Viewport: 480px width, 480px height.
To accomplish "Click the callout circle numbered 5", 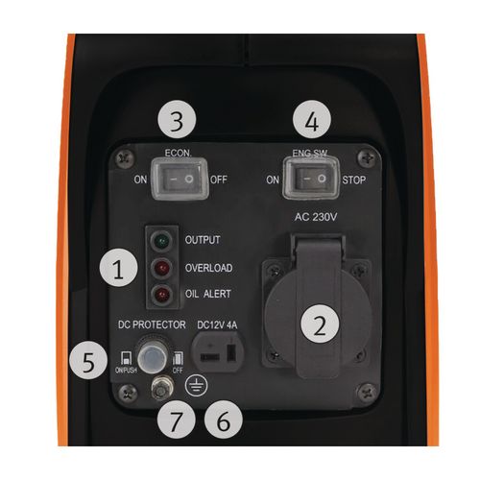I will click(x=89, y=363).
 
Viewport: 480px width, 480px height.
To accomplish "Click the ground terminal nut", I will click(x=159, y=389).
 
